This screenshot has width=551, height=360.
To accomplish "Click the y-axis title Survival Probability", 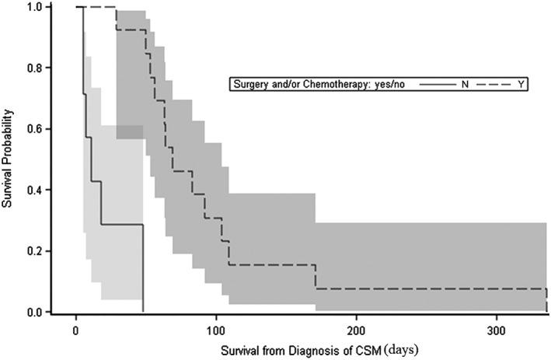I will click(10, 159).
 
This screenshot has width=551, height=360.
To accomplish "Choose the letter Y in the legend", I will click(520, 83).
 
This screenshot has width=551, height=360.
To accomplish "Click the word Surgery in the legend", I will click(249, 83).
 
